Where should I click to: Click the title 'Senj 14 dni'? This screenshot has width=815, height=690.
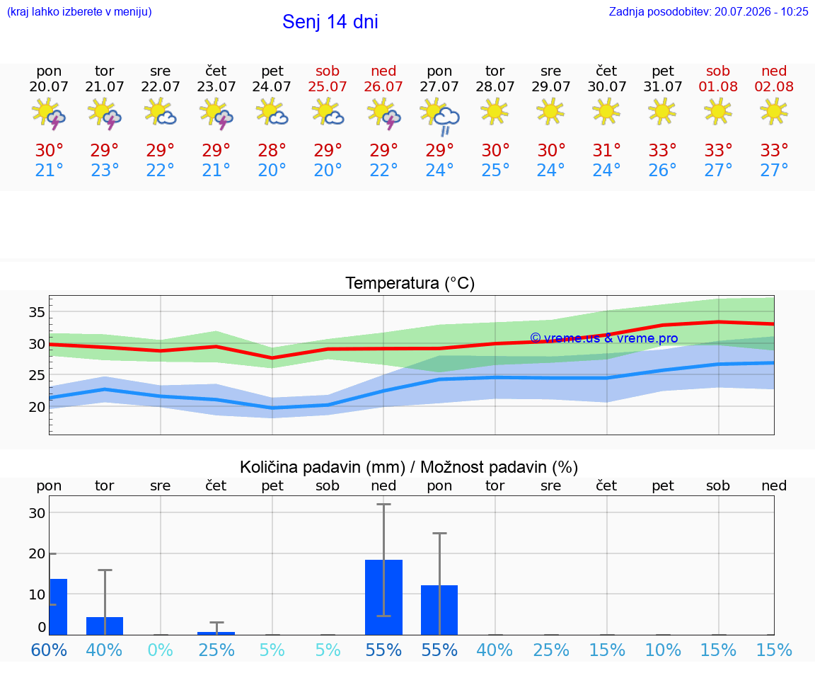[330, 22]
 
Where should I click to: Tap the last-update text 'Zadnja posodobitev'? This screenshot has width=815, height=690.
[659, 11]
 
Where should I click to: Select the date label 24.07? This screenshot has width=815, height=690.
[272, 86]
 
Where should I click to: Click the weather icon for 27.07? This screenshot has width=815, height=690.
[440, 116]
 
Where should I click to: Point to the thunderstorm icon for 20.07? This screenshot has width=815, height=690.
[48, 113]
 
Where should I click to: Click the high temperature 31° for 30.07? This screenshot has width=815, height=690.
[606, 150]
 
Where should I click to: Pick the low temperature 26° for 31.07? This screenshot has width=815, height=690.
[662, 170]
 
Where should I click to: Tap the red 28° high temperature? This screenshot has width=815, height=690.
[272, 150]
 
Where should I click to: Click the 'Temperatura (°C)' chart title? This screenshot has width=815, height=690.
[410, 283]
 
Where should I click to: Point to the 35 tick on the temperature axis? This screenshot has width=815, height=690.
[37, 312]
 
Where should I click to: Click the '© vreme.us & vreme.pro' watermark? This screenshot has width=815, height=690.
[604, 338]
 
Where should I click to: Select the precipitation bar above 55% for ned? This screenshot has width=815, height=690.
[383, 597]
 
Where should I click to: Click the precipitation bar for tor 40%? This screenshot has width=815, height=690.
[105, 626]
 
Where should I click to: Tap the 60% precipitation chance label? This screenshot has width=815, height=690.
[49, 650]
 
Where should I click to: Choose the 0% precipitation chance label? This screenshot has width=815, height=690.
[160, 650]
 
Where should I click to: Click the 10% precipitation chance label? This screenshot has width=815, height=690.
[663, 650]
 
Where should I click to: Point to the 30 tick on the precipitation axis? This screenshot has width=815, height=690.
[37, 512]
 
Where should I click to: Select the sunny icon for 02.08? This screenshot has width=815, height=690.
[773, 112]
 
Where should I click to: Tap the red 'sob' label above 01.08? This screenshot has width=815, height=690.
[718, 71]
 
